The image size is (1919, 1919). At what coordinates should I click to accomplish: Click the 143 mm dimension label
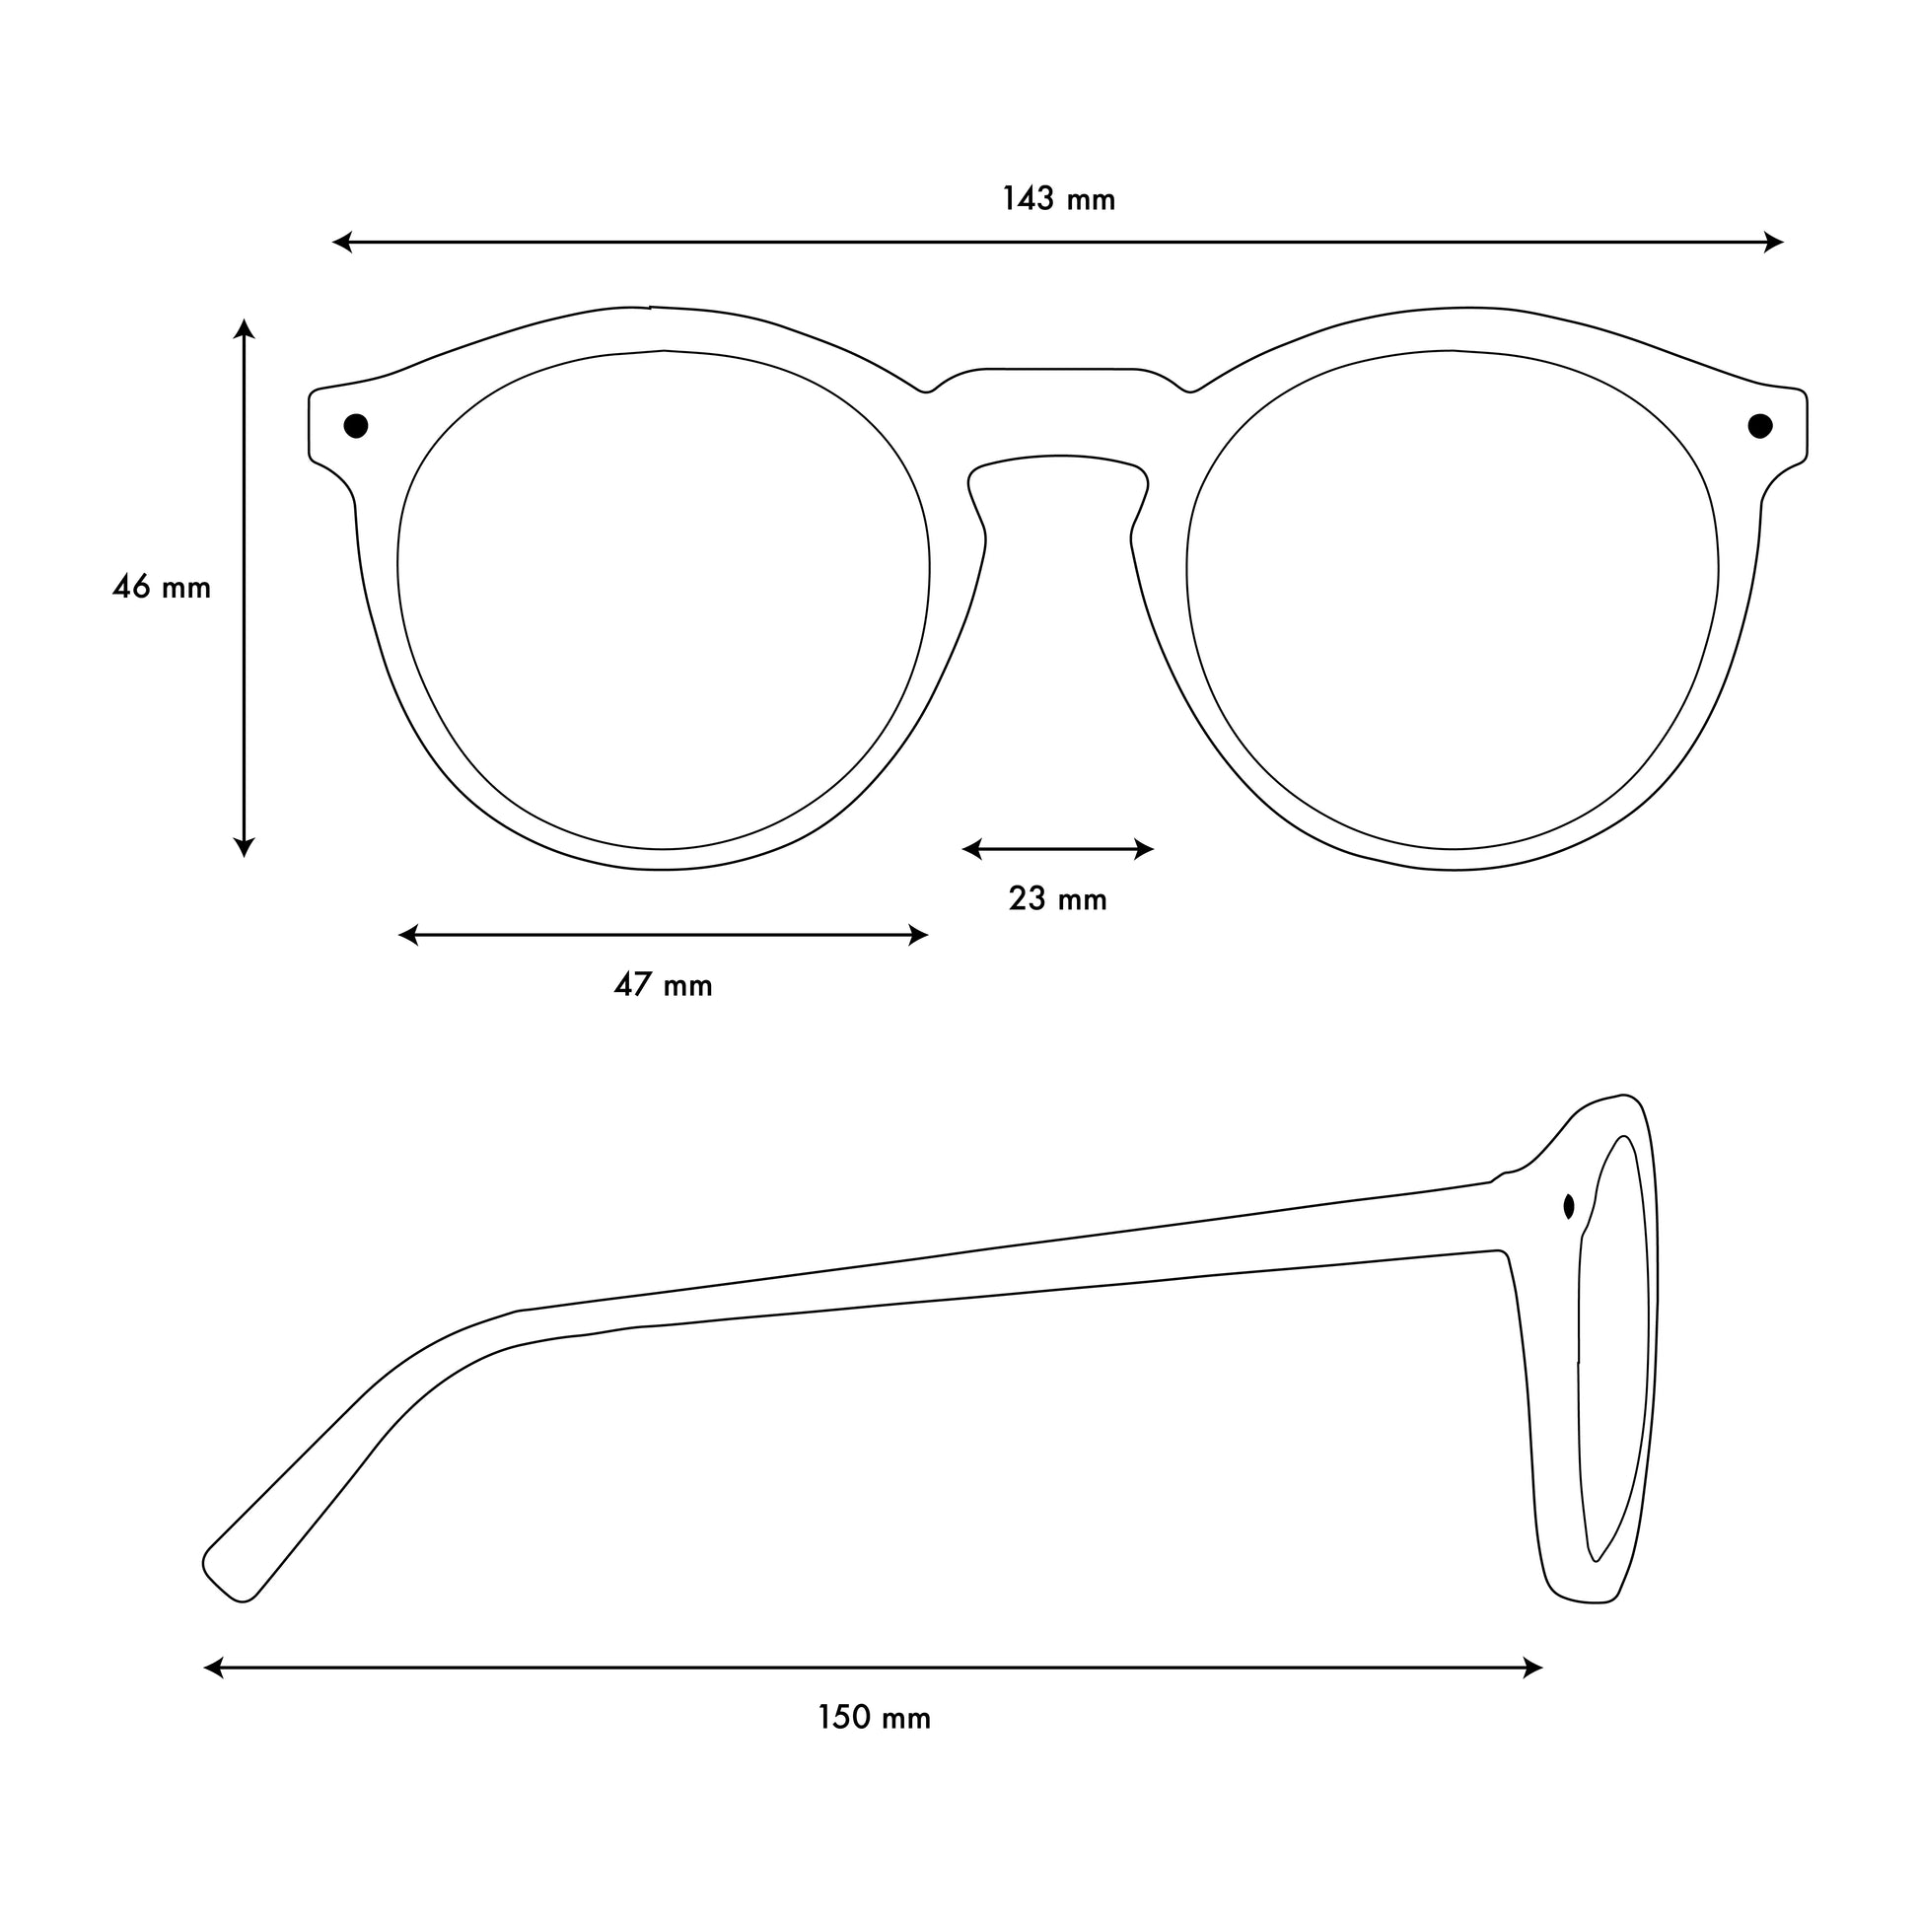pos(1058,199)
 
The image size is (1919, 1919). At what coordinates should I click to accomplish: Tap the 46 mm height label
pos(162,587)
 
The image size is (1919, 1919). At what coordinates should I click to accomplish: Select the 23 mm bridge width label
pos(1058,899)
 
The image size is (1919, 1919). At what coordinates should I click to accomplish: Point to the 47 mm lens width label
pos(664,985)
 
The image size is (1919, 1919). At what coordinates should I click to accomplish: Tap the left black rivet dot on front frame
pos(356,426)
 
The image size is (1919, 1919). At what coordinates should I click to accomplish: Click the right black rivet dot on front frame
pos(1760,426)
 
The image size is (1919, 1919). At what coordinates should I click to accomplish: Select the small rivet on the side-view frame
pos(1568,1207)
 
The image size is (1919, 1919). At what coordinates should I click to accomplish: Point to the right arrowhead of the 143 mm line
pos(1774,242)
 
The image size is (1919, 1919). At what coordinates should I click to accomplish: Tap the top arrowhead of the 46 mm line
pos(244,328)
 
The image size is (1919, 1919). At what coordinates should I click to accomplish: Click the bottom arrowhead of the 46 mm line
pos(244,847)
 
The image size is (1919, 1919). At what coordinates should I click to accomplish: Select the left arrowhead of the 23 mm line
pos(972,849)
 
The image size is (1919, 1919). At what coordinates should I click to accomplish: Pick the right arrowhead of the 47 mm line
pos(918,935)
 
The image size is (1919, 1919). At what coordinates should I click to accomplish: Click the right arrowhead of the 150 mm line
pos(1532,1668)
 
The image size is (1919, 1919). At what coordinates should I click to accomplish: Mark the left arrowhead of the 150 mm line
pos(214,1668)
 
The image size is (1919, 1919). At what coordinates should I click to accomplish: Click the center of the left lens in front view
pos(664,600)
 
